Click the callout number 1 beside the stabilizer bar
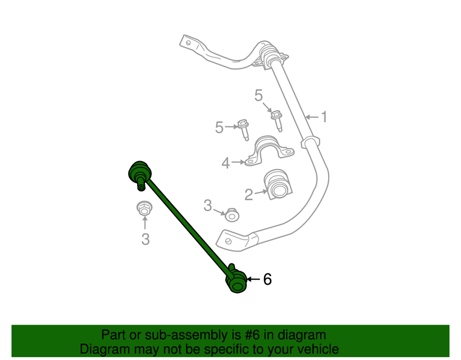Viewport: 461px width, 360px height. click(x=324, y=117)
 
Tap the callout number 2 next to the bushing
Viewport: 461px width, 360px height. click(x=248, y=195)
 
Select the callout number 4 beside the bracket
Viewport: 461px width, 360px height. click(x=226, y=163)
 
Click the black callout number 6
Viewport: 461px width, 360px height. click(x=267, y=279)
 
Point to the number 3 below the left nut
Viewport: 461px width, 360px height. click(x=145, y=239)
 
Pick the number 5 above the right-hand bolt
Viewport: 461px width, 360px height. click(x=259, y=95)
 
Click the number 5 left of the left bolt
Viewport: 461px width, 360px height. click(x=219, y=128)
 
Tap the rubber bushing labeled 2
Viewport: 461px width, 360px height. click(x=277, y=184)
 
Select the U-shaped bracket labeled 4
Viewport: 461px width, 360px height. click(x=269, y=150)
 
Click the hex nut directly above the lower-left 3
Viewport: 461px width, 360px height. click(x=144, y=208)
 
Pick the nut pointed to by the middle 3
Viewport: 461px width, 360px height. click(x=232, y=215)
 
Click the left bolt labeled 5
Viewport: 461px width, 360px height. click(x=244, y=129)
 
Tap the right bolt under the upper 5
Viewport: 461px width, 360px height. click(x=277, y=120)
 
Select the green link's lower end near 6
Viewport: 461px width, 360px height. click(x=236, y=280)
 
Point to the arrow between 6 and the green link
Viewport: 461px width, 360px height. click(x=253, y=279)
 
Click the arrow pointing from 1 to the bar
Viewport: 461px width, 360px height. click(x=312, y=117)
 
